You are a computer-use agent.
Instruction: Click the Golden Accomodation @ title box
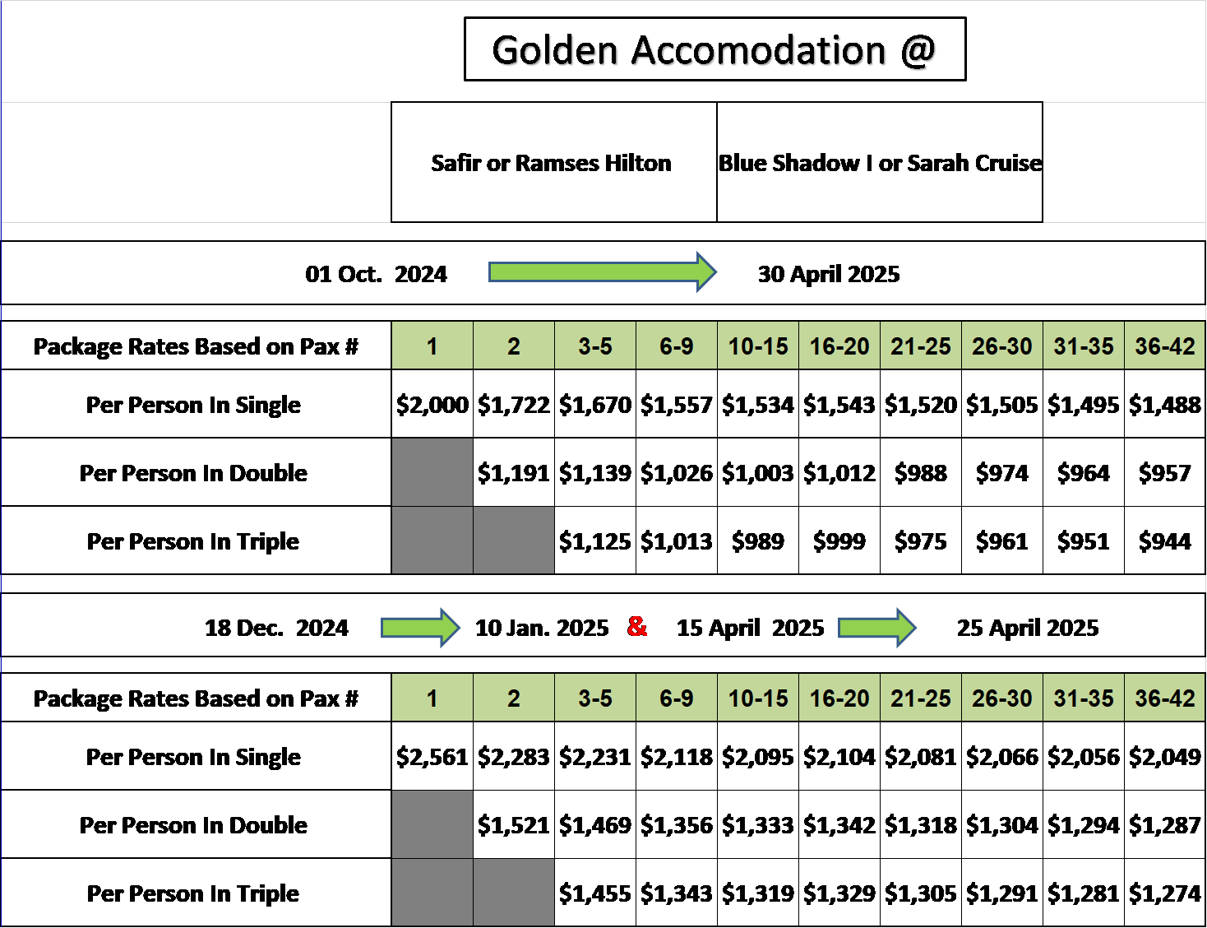pyautogui.click(x=714, y=49)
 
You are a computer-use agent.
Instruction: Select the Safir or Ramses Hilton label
pyautogui.click(x=551, y=163)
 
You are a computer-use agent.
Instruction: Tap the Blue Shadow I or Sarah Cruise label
pyautogui.click(x=880, y=163)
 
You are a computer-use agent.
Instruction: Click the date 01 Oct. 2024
pyautogui.click(x=376, y=274)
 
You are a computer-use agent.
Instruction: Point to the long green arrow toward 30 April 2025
pyautogui.click(x=603, y=272)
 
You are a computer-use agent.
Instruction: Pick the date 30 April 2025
pyautogui.click(x=829, y=274)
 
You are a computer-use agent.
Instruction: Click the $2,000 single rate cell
pyautogui.click(x=432, y=404)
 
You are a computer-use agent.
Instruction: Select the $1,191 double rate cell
pyautogui.click(x=514, y=472)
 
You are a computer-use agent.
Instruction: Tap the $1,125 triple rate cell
pyautogui.click(x=595, y=541)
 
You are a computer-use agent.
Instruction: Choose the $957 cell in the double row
pyautogui.click(x=1165, y=472)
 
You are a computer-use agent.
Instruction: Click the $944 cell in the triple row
pyautogui.click(x=1165, y=541)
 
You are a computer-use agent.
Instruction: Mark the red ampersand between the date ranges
pyautogui.click(x=637, y=626)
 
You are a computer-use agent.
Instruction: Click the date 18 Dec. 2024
pyautogui.click(x=276, y=628)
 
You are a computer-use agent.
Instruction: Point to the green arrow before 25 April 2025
pyautogui.click(x=877, y=628)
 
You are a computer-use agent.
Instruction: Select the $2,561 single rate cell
pyautogui.click(x=432, y=756)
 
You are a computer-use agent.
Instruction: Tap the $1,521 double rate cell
pyautogui.click(x=514, y=824)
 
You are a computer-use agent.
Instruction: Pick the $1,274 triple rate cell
pyautogui.click(x=1165, y=893)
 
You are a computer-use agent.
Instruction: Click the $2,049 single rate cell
pyautogui.click(x=1165, y=756)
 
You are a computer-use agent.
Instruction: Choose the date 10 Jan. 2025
pyautogui.click(x=542, y=628)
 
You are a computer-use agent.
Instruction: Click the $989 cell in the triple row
pyautogui.click(x=758, y=541)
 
